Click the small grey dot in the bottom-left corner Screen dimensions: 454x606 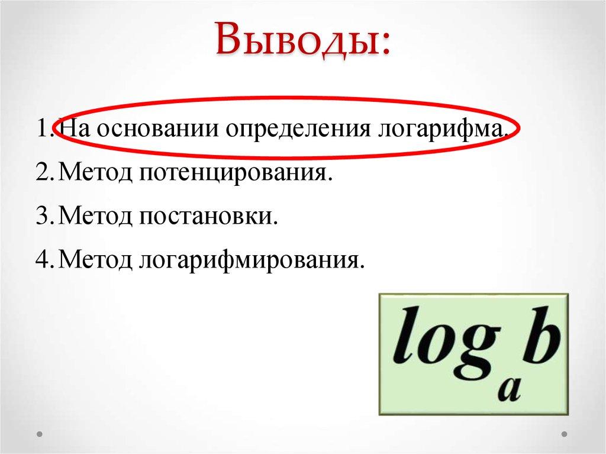tap(40, 434)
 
